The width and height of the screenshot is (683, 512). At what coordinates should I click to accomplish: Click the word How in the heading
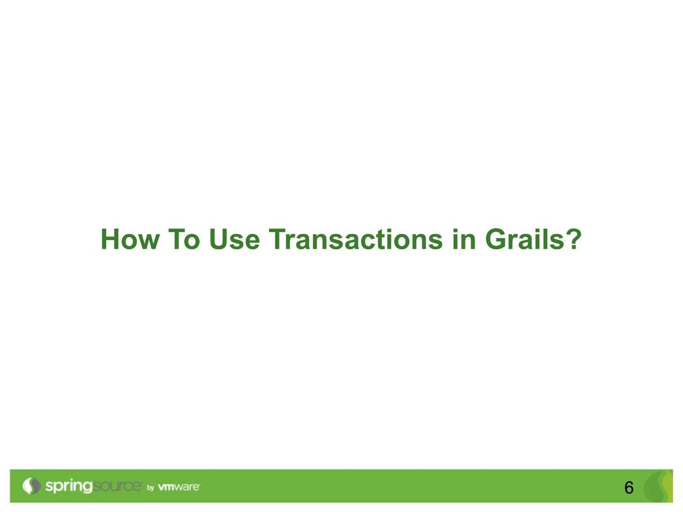[130, 239]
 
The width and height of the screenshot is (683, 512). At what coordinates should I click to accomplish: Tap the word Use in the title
[234, 239]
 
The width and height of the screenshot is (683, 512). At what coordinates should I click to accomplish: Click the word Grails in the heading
[525, 239]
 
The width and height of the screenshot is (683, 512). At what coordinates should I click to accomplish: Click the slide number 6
[628, 488]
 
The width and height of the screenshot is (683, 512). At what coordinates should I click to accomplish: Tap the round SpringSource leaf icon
[31, 485]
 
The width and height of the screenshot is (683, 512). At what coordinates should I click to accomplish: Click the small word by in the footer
[151, 488]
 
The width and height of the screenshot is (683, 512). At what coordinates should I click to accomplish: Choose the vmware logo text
[179, 487]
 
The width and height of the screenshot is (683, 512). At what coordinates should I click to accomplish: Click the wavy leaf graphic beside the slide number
[659, 486]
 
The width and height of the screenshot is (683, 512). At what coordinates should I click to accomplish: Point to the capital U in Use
[219, 240]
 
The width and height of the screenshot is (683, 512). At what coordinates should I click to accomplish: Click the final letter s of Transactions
[435, 242]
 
